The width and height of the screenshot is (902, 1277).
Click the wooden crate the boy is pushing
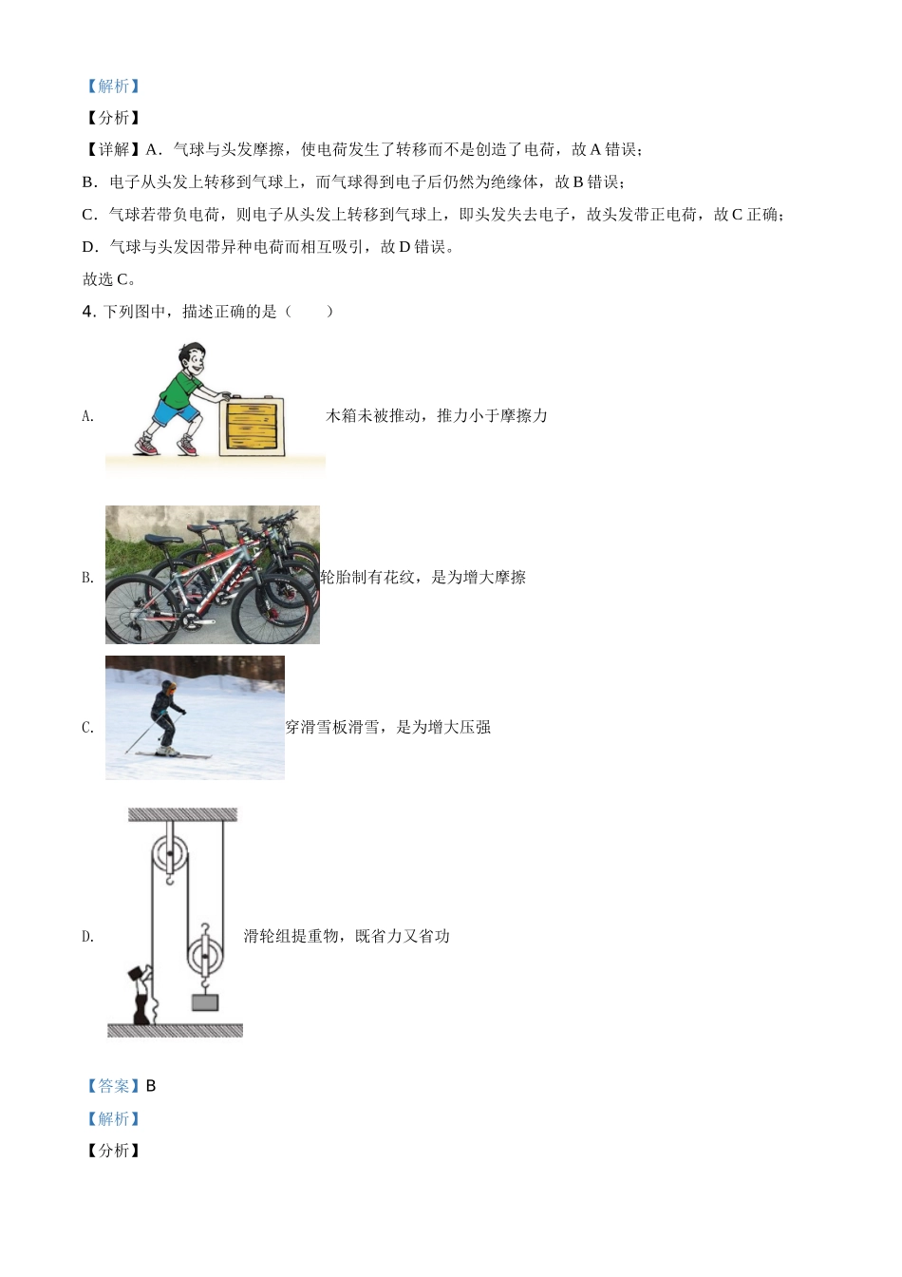(252, 424)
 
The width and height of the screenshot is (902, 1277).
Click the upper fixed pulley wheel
(170, 853)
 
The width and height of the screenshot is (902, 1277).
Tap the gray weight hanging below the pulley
(205, 1002)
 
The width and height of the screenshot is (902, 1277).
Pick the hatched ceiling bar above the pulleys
(182, 814)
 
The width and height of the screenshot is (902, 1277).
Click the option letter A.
(87, 416)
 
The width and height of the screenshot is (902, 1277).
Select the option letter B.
(87, 578)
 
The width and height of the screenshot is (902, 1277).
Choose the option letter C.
(87, 728)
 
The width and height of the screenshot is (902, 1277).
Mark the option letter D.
(87, 937)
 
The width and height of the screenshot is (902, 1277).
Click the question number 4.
(88, 312)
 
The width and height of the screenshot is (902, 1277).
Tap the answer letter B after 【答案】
(151, 1086)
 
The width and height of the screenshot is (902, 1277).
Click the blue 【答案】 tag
(112, 1086)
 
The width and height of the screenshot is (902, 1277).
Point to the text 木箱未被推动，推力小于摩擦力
(437, 415)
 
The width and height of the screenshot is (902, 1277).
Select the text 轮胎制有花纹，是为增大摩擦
(423, 577)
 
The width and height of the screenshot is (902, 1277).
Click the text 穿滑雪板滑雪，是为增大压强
(388, 727)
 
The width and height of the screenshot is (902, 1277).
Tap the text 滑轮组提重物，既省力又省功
(347, 936)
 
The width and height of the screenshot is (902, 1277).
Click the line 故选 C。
(109, 279)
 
